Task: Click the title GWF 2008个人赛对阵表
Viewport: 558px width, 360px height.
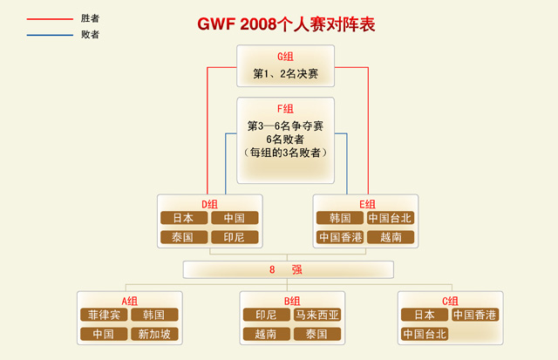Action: tap(286, 24)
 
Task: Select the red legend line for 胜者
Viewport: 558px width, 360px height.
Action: tap(49, 18)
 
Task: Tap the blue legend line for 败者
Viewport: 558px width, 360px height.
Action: tap(49, 35)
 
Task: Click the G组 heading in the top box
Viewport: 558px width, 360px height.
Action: tap(285, 57)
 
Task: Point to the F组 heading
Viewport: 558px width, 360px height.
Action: tap(285, 109)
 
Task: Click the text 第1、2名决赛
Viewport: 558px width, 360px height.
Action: tap(285, 74)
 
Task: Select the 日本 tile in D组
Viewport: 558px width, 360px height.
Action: tap(183, 218)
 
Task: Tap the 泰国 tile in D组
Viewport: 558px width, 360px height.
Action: tap(183, 237)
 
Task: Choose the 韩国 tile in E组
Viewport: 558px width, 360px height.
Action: tap(339, 218)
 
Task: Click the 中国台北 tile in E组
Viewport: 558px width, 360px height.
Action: tap(390, 218)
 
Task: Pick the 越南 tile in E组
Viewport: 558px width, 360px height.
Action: tap(390, 237)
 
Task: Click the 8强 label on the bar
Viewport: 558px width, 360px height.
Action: tap(285, 270)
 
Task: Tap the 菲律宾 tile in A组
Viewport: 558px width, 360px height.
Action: tap(104, 315)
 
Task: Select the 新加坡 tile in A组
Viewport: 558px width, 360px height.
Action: tap(154, 334)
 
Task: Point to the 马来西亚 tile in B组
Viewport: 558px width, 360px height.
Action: tap(316, 315)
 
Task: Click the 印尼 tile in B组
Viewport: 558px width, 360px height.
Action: tap(266, 315)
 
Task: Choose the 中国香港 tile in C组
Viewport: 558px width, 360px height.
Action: tap(474, 315)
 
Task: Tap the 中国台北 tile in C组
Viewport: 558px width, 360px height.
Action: tap(424, 334)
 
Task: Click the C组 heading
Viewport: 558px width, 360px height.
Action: tap(450, 301)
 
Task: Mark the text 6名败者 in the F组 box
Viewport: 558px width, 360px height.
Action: tap(285, 139)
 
